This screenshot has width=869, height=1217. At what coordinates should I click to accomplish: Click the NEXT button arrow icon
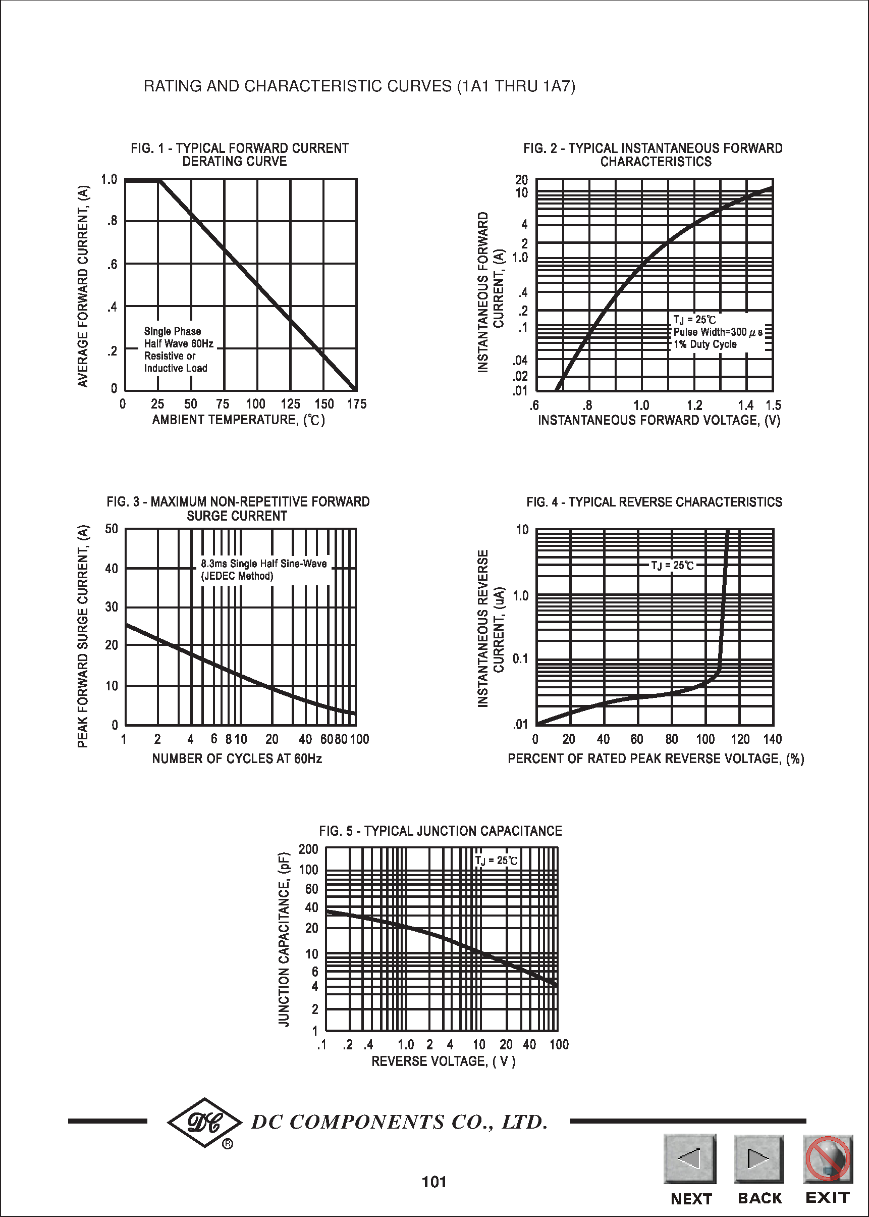pos(690,1158)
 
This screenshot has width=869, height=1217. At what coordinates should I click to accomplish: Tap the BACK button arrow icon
pos(758,1158)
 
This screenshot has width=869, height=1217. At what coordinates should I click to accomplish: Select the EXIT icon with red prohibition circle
pos(827,1158)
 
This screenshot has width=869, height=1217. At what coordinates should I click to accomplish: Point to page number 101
pos(434,1182)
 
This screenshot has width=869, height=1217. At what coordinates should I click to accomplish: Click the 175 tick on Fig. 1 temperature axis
pos(356,404)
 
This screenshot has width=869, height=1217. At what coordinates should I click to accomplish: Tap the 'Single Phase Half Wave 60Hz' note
pos(178,337)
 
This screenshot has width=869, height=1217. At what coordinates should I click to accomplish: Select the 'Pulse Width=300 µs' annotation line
pos(718,332)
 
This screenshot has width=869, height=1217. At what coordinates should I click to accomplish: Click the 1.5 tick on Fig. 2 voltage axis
pos(773,405)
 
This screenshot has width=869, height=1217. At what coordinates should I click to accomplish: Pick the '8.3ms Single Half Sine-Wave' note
pos(264,564)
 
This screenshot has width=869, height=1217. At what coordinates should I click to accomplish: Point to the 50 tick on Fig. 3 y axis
pos(112,529)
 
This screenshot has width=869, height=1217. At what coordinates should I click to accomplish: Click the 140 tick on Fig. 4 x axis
pos(772,739)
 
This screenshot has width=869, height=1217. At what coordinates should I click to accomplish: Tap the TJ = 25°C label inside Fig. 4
pos(672,566)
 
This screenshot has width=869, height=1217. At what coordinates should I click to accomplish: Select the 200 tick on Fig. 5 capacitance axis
pos(308,849)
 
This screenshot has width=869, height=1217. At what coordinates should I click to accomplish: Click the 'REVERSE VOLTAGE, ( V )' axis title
pos(443,1060)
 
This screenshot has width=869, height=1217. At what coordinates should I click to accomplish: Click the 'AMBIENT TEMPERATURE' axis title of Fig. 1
pos(238,420)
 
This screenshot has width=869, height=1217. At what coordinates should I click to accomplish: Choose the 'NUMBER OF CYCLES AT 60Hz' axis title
pos(237,758)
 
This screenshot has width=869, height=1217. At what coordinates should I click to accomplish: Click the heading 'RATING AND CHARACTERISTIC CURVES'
pos(359,86)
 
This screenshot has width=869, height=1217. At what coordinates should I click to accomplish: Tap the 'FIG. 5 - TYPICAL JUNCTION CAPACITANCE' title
pos(441,831)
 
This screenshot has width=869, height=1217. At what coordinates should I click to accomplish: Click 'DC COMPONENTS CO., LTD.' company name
pos(399,1122)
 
